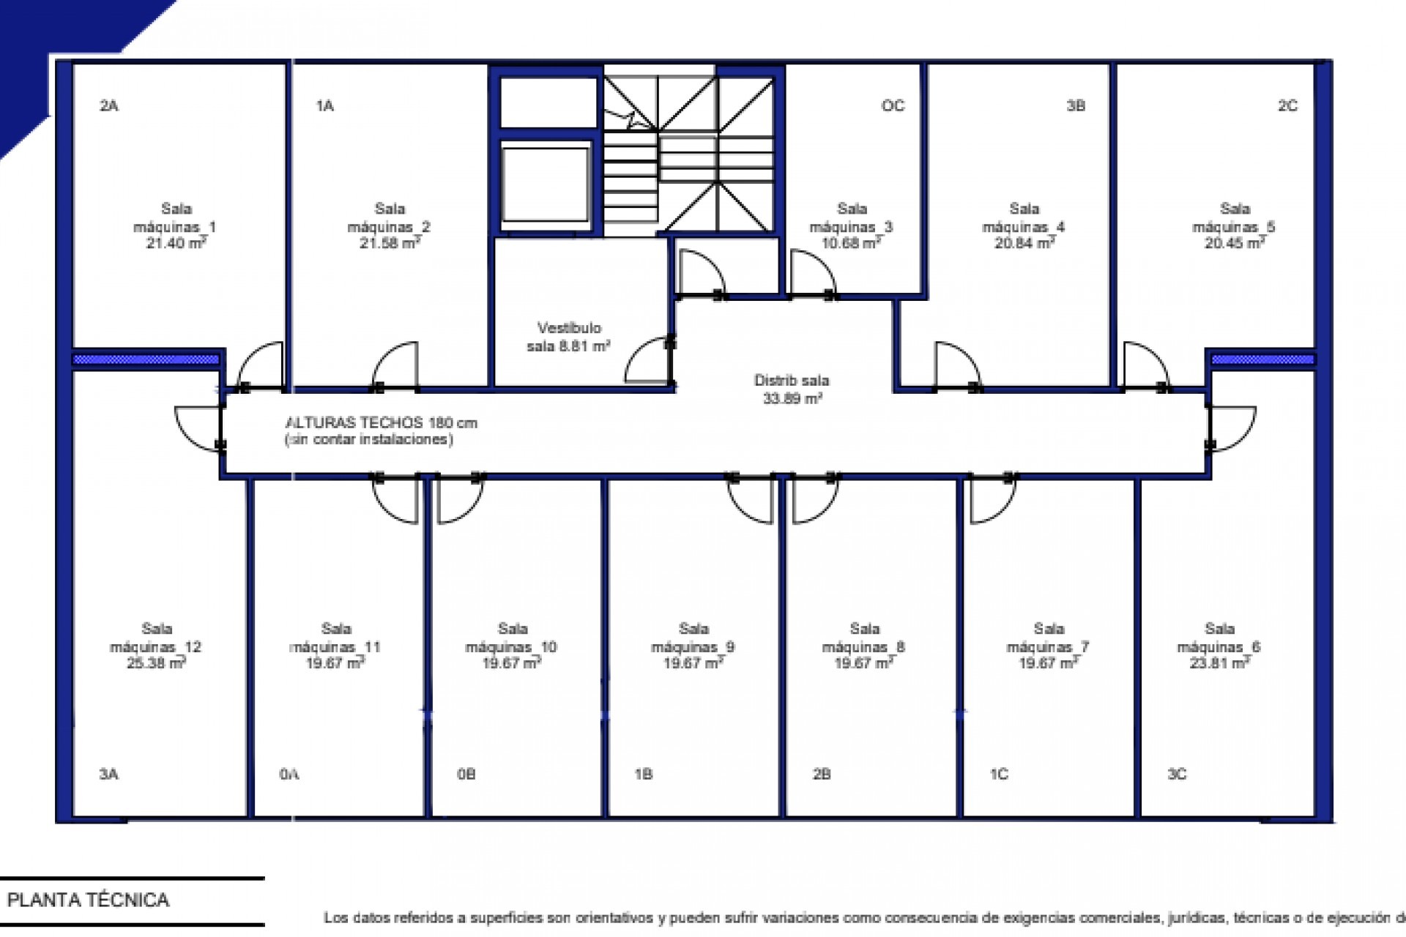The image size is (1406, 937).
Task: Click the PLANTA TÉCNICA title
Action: [x=89, y=900]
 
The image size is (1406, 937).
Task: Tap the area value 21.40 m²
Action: [x=176, y=243]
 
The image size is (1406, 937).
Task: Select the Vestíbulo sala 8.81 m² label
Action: [x=569, y=337]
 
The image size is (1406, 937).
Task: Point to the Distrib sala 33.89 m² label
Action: [x=791, y=389]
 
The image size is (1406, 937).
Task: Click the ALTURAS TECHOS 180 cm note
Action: [x=381, y=423]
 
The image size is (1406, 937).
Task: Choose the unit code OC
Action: [x=893, y=106]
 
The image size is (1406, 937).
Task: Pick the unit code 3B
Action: [x=1075, y=106]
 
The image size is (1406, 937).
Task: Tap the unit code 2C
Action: [x=1287, y=106]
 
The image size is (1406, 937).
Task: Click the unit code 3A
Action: [x=108, y=774]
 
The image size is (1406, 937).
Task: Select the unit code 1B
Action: [x=643, y=774]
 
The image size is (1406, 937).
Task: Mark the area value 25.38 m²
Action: [x=155, y=663]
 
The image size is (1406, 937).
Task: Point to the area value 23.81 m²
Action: [x=1219, y=663]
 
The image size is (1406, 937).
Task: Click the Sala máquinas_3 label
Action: [x=851, y=218]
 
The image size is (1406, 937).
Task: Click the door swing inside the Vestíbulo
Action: [x=647, y=362]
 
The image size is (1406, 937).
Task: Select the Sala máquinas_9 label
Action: [x=693, y=638]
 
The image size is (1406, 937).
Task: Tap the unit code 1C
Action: [x=999, y=774]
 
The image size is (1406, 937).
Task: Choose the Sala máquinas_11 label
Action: [x=335, y=638]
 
